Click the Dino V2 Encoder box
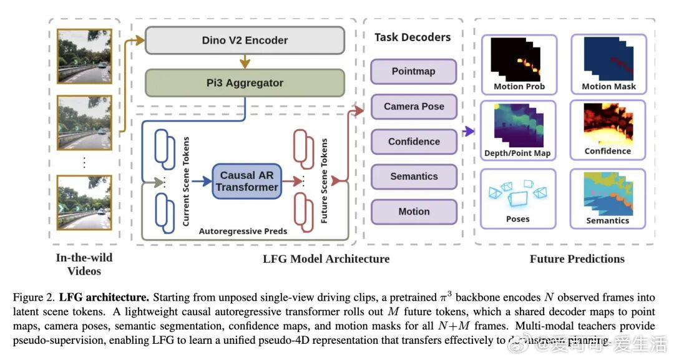pos(245,41)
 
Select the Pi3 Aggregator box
pos(245,82)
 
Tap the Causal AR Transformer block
pos(248,181)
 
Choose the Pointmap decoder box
pos(413,71)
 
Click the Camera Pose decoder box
pos(413,107)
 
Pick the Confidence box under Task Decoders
pos(413,142)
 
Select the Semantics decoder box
pos(413,177)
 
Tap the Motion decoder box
pos(413,212)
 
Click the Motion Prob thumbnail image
pos(519,59)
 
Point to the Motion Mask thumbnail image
pos(608,59)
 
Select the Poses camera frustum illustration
pos(517,194)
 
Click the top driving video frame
pos(84,56)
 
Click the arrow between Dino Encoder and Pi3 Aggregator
pos(245,61)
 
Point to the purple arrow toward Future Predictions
pos(469,131)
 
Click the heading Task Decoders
pos(413,37)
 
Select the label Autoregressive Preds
pos(243,231)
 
